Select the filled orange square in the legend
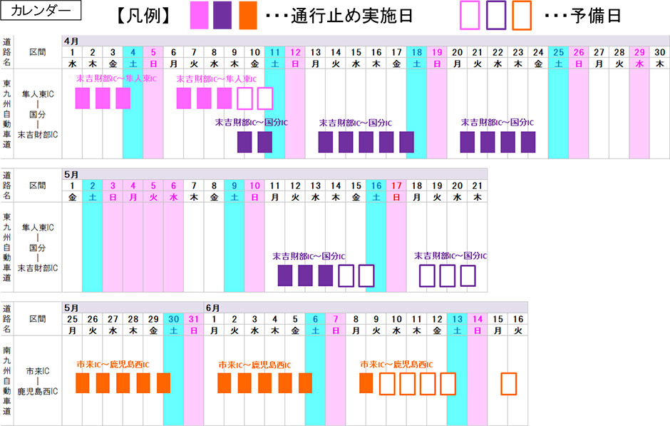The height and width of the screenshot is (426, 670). (x=247, y=15)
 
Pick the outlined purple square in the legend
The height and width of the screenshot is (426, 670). (x=496, y=15)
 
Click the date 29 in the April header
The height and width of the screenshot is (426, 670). (x=639, y=52)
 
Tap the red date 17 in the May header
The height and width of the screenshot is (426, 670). (x=396, y=186)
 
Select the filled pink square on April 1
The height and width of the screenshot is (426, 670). (x=83, y=98)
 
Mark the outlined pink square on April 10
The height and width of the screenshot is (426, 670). (x=264, y=98)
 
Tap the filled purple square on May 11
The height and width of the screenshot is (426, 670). (x=285, y=275)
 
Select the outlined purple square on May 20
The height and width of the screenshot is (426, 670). (x=468, y=275)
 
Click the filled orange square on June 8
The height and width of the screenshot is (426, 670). (x=366, y=383)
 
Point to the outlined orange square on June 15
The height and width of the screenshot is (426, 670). (x=508, y=383)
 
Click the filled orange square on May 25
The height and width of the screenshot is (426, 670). (x=83, y=383)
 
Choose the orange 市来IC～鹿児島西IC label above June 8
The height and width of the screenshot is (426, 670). (x=397, y=365)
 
